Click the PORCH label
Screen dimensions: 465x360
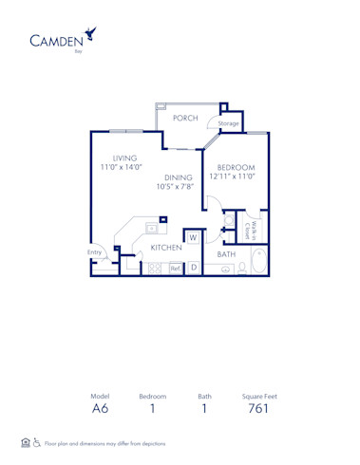pyautogui.click(x=185, y=118)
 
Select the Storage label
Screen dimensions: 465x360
pyautogui.click(x=228, y=123)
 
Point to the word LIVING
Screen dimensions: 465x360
pyautogui.click(x=125, y=158)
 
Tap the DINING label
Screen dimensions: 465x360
pyautogui.click(x=178, y=177)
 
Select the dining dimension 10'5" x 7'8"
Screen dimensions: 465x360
pyautogui.click(x=178, y=187)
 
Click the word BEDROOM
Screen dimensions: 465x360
pyautogui.click(x=235, y=167)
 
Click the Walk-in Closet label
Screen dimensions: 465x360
pyautogui.click(x=255, y=229)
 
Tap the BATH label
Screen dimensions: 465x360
pyautogui.click(x=226, y=254)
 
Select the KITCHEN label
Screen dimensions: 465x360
pyautogui.click(x=166, y=247)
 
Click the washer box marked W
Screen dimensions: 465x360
pyautogui.click(x=192, y=237)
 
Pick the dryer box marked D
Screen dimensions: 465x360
pyautogui.click(x=193, y=269)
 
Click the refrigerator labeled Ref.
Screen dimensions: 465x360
pyautogui.click(x=175, y=269)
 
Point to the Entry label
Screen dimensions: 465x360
pyautogui.click(x=95, y=252)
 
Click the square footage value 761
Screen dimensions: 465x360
pyautogui.click(x=258, y=410)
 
